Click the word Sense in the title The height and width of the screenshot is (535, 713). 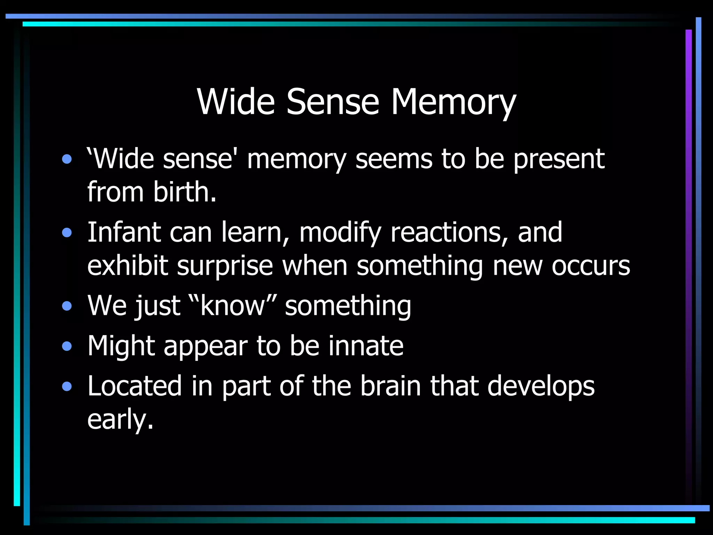click(x=332, y=102)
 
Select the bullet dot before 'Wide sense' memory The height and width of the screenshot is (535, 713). click(x=67, y=160)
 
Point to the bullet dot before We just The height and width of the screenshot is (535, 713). click(x=67, y=306)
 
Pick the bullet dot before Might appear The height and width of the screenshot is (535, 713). click(x=67, y=346)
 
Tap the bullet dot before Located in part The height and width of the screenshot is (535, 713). click(x=67, y=386)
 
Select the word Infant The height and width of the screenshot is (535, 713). click(x=124, y=232)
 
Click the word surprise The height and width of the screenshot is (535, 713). click(x=225, y=266)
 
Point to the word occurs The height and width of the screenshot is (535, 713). click(x=591, y=266)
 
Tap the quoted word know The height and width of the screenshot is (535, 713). click(x=232, y=306)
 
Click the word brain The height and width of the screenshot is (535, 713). click(x=390, y=386)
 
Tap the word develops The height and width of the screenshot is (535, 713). click(x=541, y=386)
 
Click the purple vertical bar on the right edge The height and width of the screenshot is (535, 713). click(x=688, y=244)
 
